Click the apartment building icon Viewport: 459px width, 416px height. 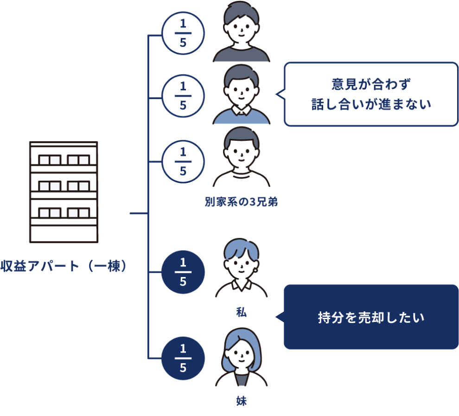[x=64, y=192]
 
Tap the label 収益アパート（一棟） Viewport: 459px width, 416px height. [x=64, y=267]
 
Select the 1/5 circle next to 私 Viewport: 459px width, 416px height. [x=183, y=272]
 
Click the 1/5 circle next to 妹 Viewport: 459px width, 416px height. [x=183, y=358]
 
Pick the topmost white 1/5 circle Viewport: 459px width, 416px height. [x=183, y=33]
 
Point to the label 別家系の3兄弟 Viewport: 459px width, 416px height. [x=241, y=202]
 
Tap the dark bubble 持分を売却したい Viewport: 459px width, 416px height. [x=371, y=317]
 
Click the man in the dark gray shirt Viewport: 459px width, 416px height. [x=242, y=33]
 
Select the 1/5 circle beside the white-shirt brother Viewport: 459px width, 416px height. [x=183, y=161]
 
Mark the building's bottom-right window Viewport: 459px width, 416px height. [x=78, y=213]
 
